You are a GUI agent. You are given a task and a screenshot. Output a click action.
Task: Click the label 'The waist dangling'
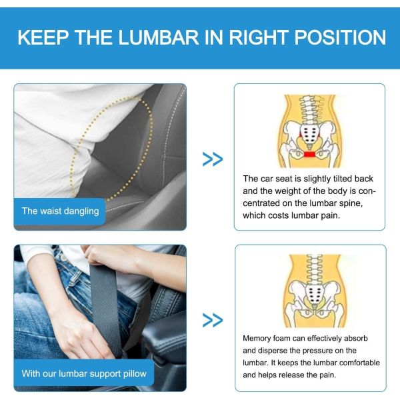[60, 211]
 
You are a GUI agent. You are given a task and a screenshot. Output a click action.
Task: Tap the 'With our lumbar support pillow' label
[83, 373]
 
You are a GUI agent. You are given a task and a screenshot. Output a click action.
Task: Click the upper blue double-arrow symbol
[212, 159]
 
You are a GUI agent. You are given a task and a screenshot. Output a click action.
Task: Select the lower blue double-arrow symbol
[212, 321]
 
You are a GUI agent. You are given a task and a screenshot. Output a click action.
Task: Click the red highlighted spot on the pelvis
[309, 155]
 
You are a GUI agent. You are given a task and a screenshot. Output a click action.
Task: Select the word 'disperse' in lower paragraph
[271, 351]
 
